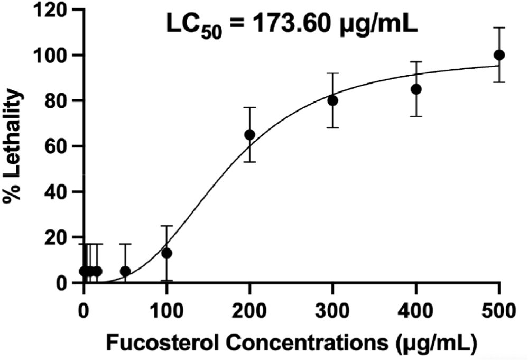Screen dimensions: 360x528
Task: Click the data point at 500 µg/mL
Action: coord(499,55)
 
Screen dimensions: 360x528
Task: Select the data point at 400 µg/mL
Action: coord(416,89)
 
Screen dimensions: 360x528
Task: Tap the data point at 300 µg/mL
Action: coord(332,100)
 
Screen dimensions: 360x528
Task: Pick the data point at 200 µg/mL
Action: coord(249,135)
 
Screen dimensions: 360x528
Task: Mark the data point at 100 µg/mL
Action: coord(166,253)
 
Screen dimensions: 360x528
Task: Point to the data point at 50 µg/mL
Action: coord(125,271)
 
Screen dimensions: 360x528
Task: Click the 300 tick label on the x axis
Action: coord(332,307)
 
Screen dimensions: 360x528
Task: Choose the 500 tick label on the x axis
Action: coord(499,307)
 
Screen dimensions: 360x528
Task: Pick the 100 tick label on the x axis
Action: coord(166,307)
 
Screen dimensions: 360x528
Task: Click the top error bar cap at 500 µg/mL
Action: coord(499,27)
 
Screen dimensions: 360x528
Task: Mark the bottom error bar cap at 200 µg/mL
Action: coord(249,162)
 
